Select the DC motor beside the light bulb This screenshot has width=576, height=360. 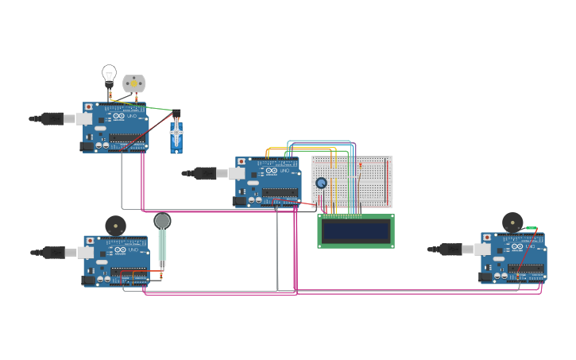(134, 83)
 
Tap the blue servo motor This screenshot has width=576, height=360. (176, 136)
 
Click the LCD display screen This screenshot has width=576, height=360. (356, 231)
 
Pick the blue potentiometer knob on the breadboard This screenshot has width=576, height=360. (321, 183)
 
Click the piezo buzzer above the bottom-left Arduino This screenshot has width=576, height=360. (115, 225)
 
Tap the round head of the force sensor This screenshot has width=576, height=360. (162, 221)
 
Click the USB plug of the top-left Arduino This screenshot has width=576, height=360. (52, 118)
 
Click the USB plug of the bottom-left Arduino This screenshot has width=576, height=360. (53, 253)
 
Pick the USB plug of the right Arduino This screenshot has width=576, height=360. (450, 250)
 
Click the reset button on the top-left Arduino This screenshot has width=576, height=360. (88, 106)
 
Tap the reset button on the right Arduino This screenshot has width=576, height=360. (485, 237)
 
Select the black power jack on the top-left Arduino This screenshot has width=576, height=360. (86, 146)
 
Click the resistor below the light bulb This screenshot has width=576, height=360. (110, 97)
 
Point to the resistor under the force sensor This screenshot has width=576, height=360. (161, 275)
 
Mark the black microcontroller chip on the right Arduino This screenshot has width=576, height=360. (531, 268)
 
